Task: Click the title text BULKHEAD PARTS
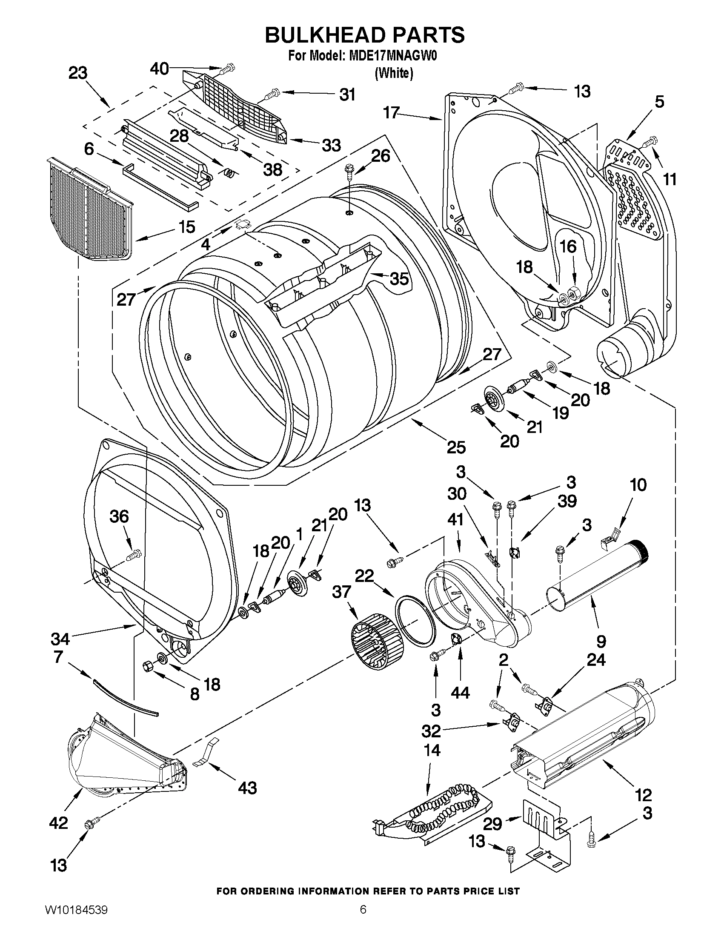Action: [x=365, y=35]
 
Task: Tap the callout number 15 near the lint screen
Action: [x=187, y=226]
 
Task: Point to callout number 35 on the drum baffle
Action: [x=399, y=279]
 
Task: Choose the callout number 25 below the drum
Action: [x=456, y=447]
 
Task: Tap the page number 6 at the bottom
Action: [x=363, y=919]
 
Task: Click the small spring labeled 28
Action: [x=230, y=172]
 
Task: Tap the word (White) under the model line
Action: [x=394, y=73]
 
